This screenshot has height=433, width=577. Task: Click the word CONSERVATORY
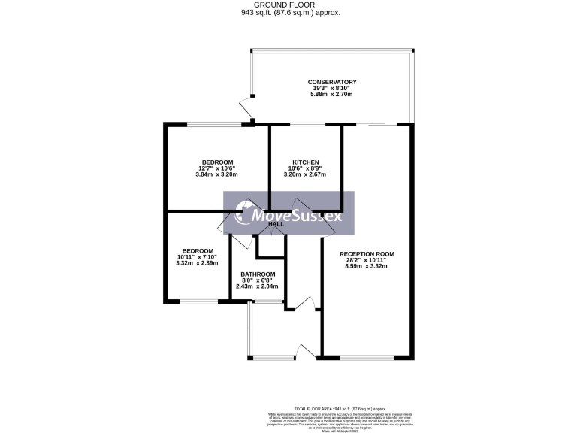click(331, 82)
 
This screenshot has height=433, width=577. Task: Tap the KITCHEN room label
click(306, 162)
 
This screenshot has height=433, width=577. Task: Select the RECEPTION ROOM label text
click(367, 254)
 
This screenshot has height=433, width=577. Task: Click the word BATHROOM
click(257, 274)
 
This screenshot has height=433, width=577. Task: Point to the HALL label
click(276, 224)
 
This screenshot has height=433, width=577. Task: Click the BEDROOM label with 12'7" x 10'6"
click(216, 162)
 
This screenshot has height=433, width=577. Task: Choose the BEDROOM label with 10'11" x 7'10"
click(197, 251)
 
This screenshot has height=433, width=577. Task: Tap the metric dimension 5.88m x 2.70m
click(331, 95)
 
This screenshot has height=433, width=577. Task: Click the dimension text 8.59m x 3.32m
click(367, 266)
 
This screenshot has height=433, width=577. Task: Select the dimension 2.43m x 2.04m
click(257, 286)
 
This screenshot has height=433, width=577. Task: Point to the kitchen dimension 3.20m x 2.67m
click(306, 174)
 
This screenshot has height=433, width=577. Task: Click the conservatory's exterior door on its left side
click(244, 107)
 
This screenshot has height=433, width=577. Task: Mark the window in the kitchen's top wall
click(305, 124)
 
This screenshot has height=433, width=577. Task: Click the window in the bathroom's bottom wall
click(267, 302)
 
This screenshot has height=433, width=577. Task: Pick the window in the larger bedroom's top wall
click(213, 124)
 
